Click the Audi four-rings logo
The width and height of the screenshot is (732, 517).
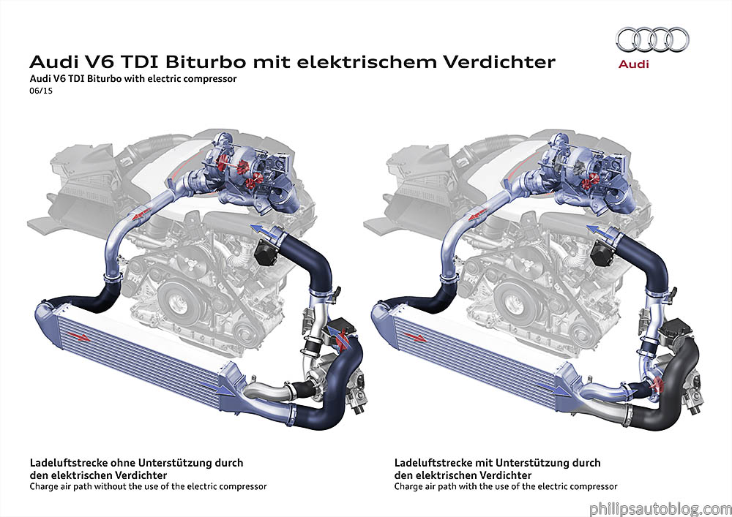pos(652,41)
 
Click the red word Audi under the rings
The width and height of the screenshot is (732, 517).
pos(634,65)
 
